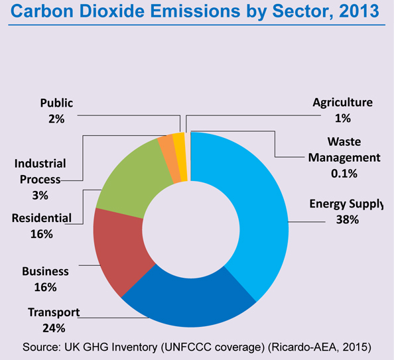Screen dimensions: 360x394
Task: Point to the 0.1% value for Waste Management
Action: coord(344,174)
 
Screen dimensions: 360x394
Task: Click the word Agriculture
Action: coord(343,103)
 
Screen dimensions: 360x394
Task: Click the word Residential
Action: coord(41,217)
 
